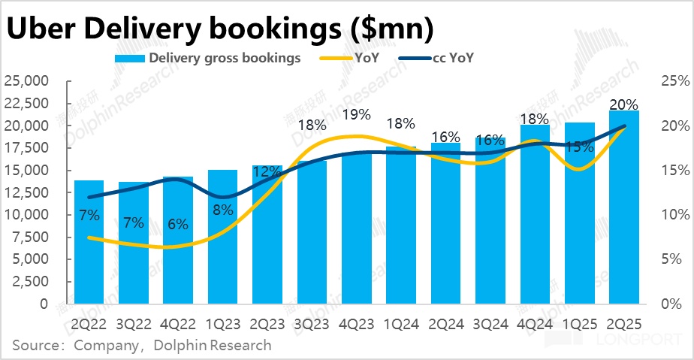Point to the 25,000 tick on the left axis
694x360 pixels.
26,80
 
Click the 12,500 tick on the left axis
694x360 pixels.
26,192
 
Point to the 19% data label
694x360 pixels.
356,115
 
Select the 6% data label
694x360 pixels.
178,223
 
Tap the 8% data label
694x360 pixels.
222,210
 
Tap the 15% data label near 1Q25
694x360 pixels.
579,147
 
